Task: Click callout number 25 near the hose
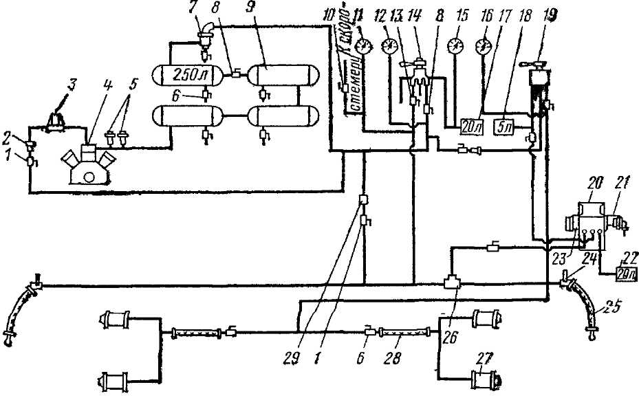click(605, 305)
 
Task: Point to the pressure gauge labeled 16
click(483, 47)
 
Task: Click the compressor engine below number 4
click(87, 168)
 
